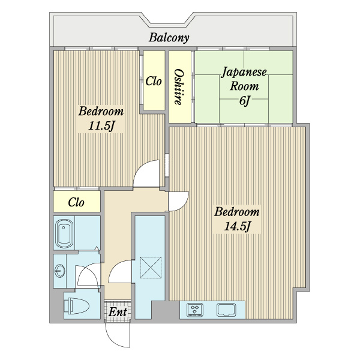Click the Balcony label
point(169,38)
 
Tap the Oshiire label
point(179,87)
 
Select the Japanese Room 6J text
point(244,86)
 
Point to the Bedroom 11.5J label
point(101,118)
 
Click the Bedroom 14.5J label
point(237,219)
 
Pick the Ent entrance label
point(118,312)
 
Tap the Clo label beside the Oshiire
point(154,81)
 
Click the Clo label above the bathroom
point(76,202)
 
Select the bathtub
point(65,234)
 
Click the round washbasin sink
point(60,271)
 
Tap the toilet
point(76,306)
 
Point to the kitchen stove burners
point(195,310)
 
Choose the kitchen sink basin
point(226,310)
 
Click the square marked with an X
point(151,268)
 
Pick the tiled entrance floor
point(118,311)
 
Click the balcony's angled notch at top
point(169,20)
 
